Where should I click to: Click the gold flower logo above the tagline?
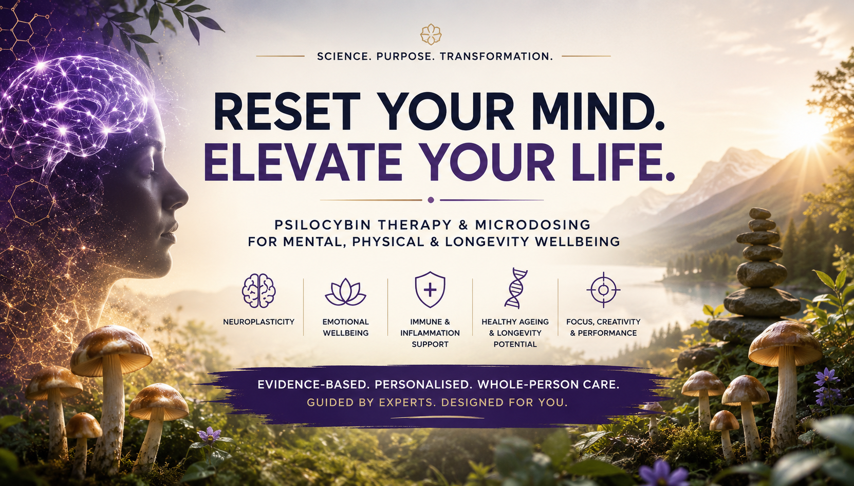coord(431,34)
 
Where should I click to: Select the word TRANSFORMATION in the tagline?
coord(496,57)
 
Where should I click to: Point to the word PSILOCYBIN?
coord(322,225)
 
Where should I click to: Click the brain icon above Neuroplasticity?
coord(259,290)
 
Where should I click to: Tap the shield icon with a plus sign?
coord(430,289)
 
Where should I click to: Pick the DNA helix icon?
coord(515,288)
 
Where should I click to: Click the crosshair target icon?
coord(603,290)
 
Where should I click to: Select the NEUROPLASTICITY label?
coord(259,322)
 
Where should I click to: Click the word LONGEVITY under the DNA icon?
coord(519,333)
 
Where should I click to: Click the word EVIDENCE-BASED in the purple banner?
coord(313,385)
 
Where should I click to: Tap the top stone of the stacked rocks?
coord(760,213)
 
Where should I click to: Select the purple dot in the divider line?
coord(431,200)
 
